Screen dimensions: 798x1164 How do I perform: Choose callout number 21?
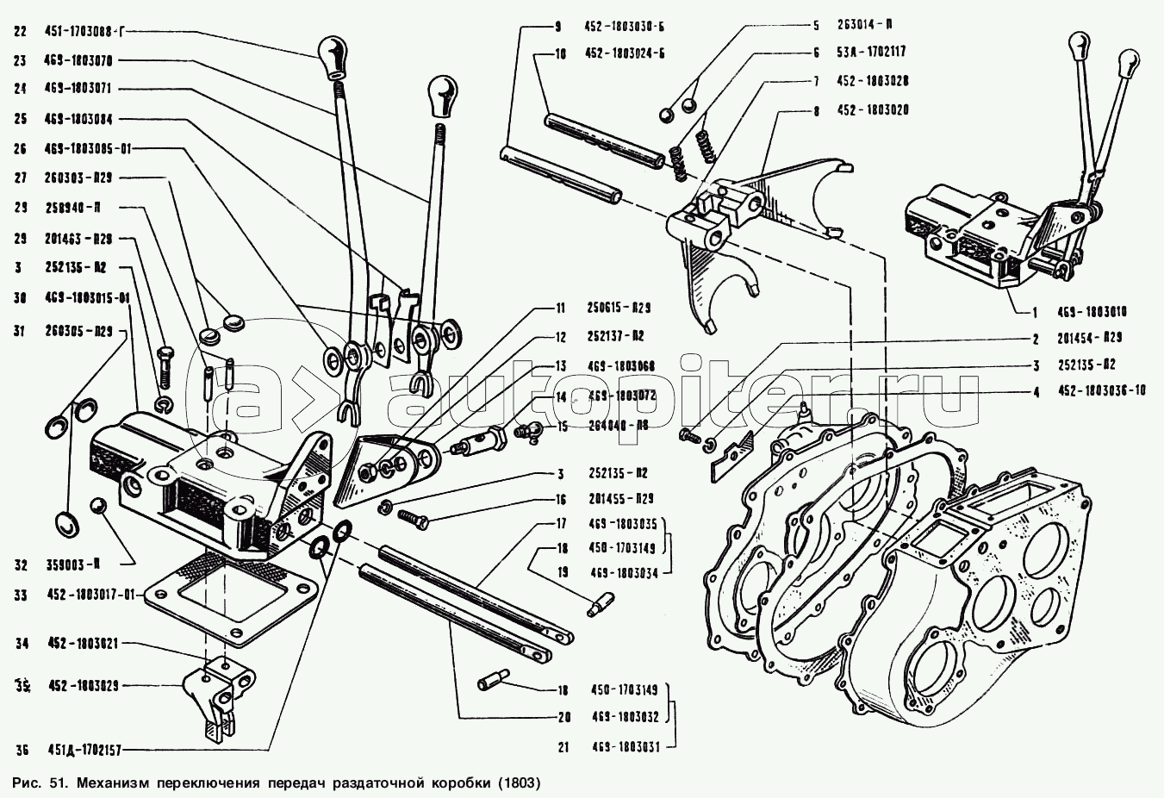point(563,747)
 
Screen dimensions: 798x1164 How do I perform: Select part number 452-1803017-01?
point(91,595)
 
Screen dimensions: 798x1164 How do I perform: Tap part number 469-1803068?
point(617,366)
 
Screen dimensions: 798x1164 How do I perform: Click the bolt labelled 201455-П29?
point(414,517)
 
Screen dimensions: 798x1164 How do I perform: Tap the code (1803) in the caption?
point(517,784)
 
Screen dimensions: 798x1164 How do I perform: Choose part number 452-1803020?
point(872,110)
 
